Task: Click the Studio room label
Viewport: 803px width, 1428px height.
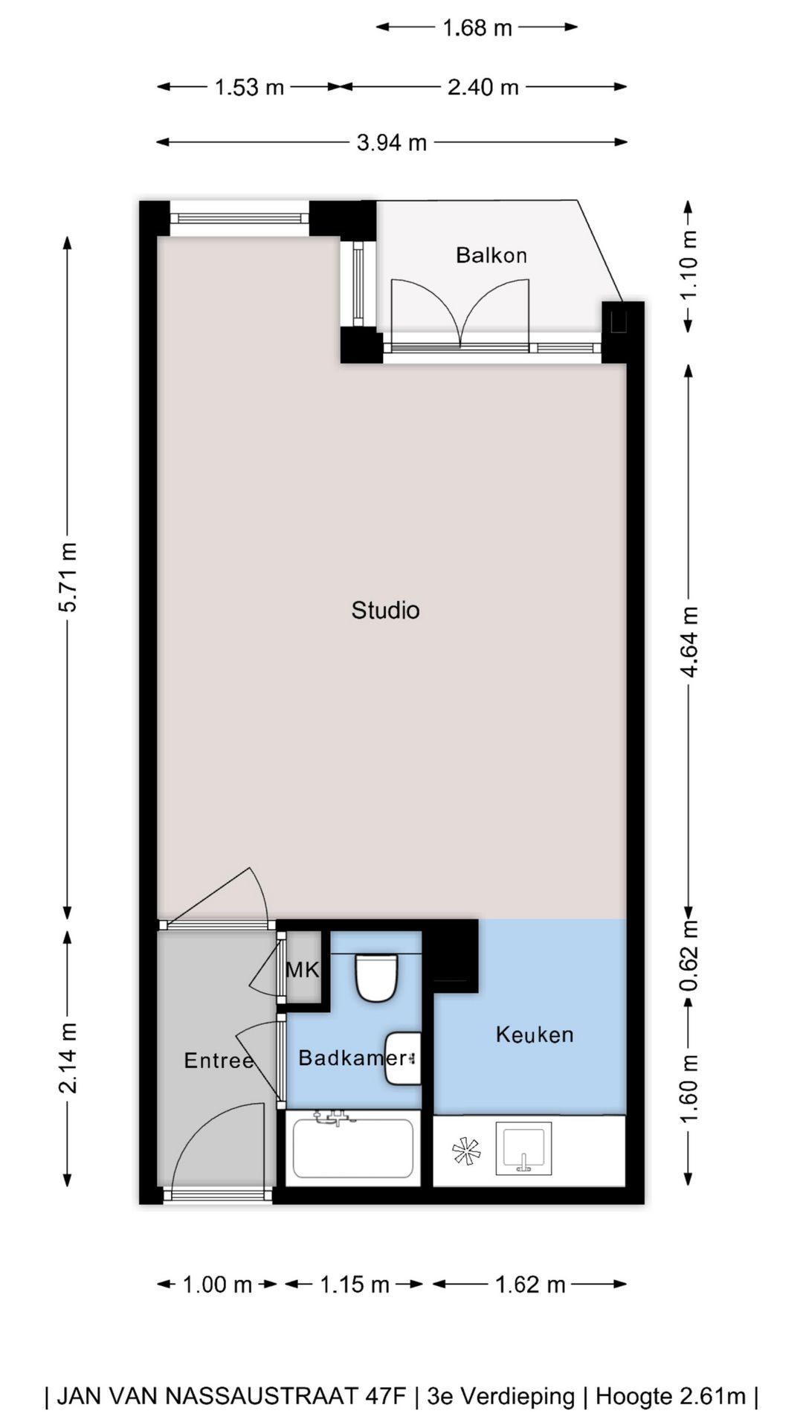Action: pos(385,610)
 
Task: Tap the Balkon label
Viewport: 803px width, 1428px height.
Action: pos(491,255)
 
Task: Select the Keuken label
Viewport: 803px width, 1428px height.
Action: pos(535,1035)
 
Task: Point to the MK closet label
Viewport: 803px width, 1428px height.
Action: pos(303,970)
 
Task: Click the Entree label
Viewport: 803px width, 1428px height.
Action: pos(219,1060)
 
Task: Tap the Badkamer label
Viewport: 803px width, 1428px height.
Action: pos(352,1057)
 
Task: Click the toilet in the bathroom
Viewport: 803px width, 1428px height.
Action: pos(376,977)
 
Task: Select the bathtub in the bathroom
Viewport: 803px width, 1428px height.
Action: pos(353,1148)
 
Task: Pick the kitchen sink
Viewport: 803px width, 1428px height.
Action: pos(523,1148)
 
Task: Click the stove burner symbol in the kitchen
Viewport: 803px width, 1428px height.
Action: pos(466,1151)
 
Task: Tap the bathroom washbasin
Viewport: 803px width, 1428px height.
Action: pos(404,1058)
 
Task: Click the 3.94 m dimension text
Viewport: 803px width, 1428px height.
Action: pos(392,142)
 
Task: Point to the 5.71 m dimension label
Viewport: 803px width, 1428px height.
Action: pos(68,577)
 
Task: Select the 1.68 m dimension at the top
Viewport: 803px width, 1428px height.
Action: pos(477,28)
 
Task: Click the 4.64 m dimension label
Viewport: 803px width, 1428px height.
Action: pos(689,642)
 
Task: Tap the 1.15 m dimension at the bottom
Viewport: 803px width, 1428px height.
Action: pos(355,1284)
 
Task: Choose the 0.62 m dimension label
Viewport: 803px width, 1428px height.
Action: pos(689,956)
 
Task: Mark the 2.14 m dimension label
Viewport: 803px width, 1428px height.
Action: pos(68,1058)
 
